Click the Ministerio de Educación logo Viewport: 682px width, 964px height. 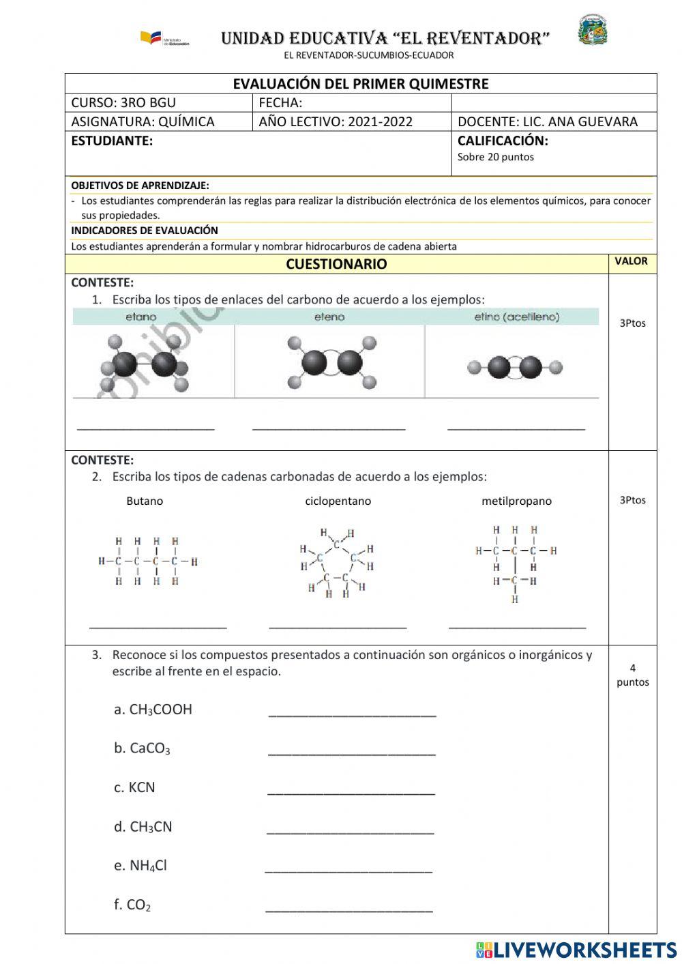(164, 38)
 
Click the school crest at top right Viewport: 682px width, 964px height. (593, 30)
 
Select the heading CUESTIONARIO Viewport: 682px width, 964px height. (336, 264)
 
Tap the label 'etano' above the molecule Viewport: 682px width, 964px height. (141, 317)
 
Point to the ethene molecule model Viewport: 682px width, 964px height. (331, 362)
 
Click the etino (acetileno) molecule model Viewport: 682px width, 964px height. (515, 368)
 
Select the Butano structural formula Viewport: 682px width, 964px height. (147, 561)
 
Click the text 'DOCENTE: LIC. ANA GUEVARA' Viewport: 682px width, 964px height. (547, 121)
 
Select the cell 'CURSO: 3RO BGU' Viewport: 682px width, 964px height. (123, 103)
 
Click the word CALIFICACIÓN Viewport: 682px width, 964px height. (503, 141)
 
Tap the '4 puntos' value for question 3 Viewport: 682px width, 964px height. (632, 675)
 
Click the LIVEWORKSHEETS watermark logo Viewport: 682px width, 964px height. (576, 950)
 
